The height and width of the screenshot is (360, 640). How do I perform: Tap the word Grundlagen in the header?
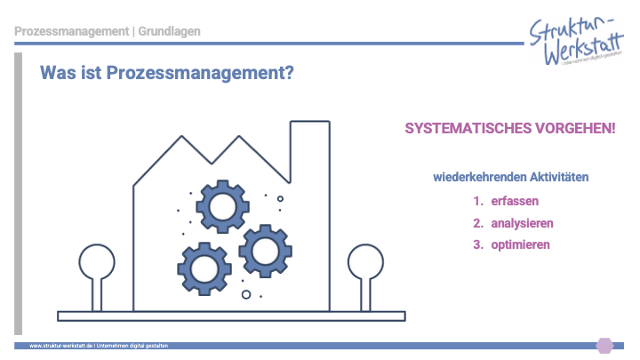(x=169, y=32)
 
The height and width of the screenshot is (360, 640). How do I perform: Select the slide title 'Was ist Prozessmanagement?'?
(x=167, y=74)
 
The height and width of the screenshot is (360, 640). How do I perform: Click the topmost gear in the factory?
(x=220, y=206)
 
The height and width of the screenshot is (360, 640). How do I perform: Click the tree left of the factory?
(x=97, y=267)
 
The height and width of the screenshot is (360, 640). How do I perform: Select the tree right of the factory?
(x=364, y=267)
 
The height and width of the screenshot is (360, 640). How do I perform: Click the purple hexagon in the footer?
(x=604, y=345)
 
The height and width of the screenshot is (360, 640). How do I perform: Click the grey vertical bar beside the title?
(x=18, y=191)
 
